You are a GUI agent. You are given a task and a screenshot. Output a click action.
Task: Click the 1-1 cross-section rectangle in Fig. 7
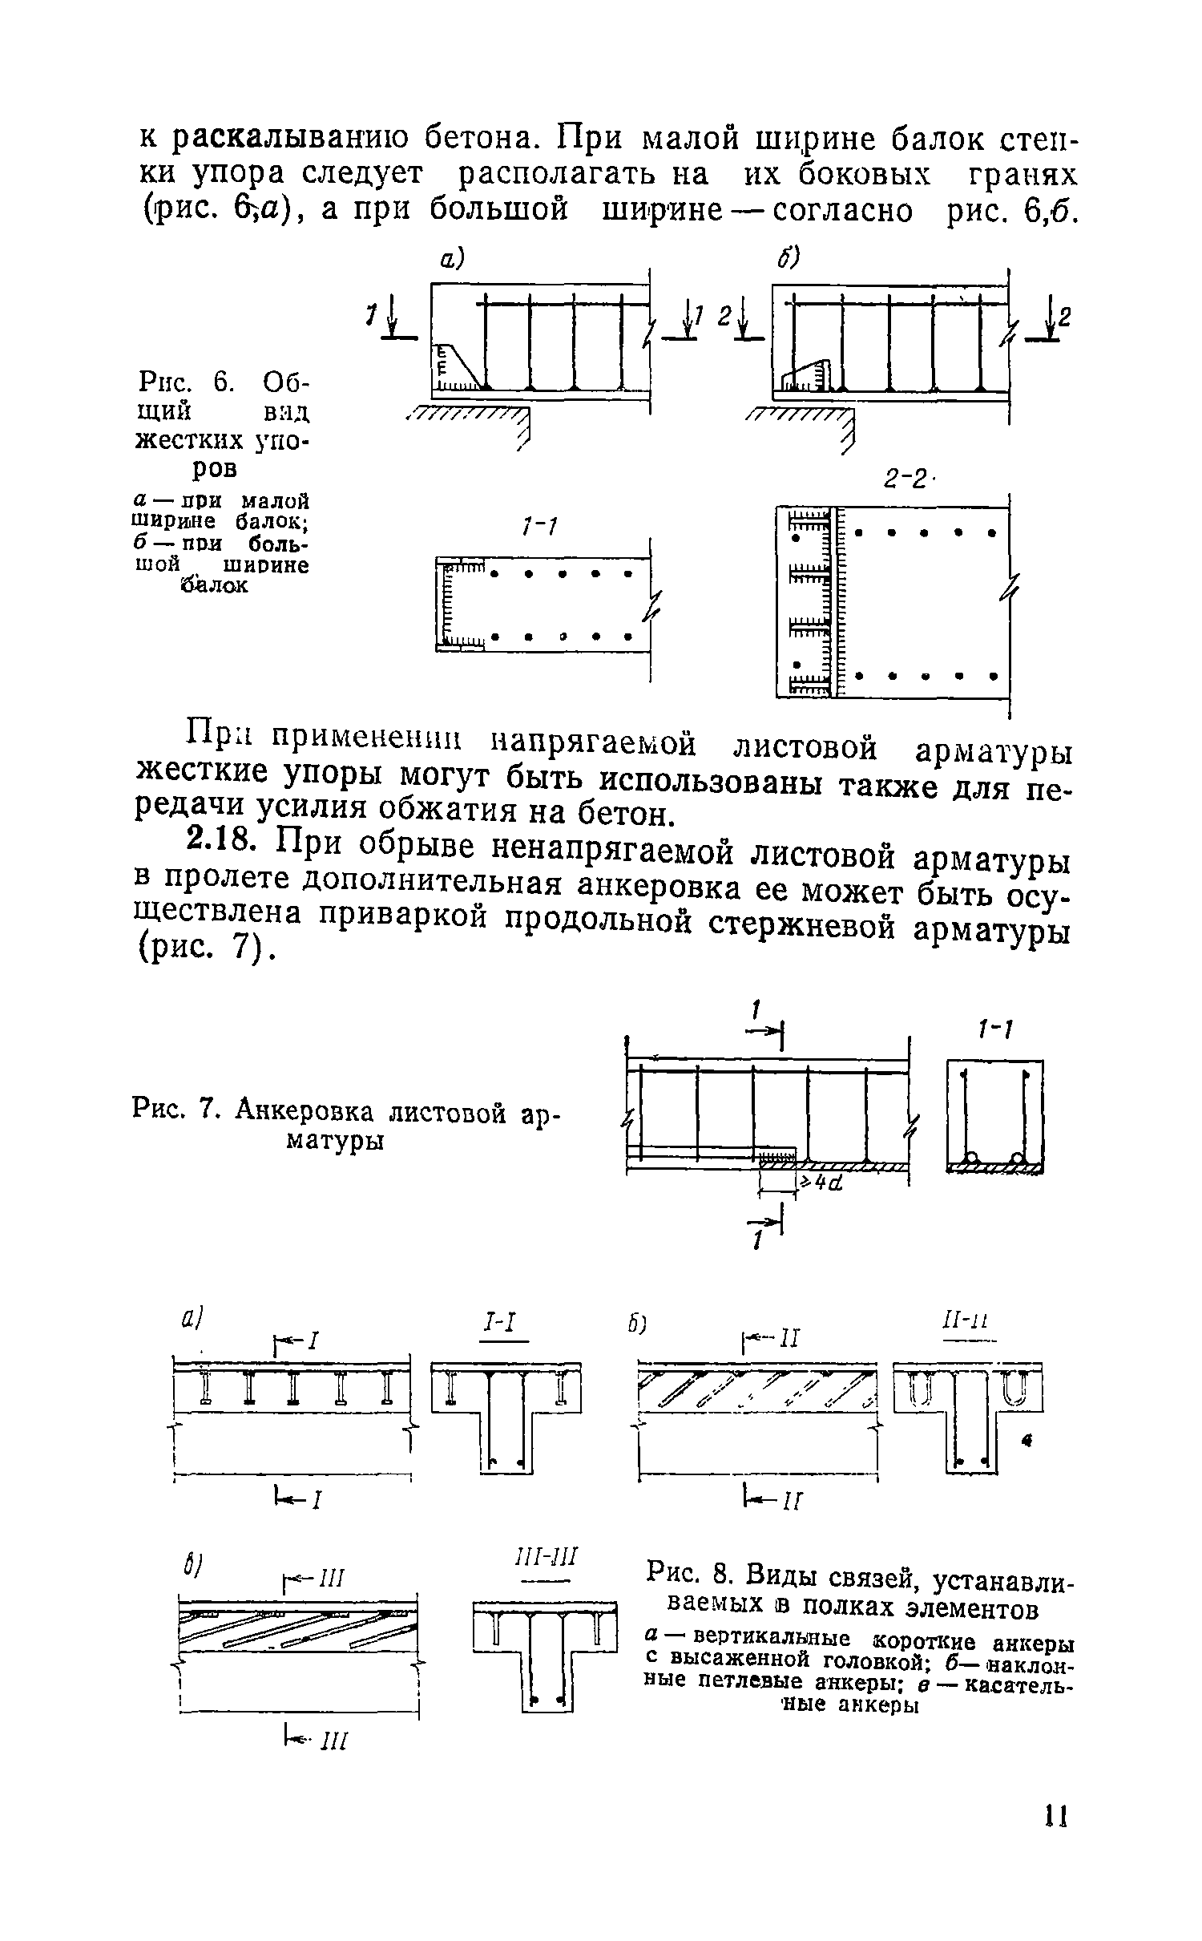pos(995,1116)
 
